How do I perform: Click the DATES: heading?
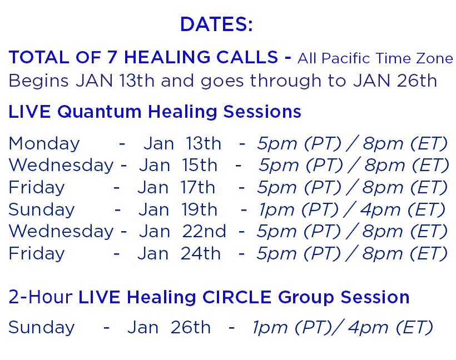216,24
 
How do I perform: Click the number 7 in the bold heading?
112,57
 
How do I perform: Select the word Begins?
38,81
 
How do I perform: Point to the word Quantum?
99,112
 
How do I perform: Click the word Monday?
44,144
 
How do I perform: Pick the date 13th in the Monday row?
204,143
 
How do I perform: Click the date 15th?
200,166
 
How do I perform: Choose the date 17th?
197,187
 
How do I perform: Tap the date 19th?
199,209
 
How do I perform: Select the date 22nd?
204,231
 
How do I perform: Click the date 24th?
201,253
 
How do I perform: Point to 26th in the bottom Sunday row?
191,327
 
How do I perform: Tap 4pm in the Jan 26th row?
368,328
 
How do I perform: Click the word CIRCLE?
237,298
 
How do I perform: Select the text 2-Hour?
41,297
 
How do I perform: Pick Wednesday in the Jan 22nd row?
61,232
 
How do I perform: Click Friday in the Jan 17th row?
37,187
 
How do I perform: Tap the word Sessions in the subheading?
262,112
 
